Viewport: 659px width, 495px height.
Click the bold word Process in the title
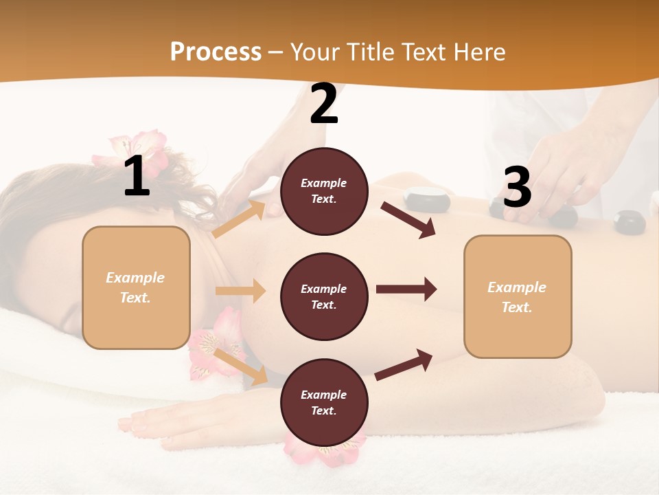[x=216, y=52]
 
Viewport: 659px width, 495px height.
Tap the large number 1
[x=137, y=177]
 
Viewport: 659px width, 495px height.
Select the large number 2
[x=324, y=104]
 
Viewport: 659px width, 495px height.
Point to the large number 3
[x=517, y=188]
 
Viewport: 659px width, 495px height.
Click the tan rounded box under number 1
[x=136, y=287]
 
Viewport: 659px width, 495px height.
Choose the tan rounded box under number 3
[x=518, y=296]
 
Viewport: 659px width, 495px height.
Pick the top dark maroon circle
[x=324, y=191]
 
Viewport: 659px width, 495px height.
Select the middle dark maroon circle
[x=324, y=296]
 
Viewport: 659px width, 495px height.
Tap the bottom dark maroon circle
[x=324, y=402]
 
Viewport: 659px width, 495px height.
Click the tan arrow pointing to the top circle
[x=239, y=219]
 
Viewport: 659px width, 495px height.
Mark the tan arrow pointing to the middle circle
[x=240, y=291]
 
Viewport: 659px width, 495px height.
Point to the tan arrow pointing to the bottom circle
[x=240, y=365]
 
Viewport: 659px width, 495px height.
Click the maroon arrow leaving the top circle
[x=408, y=219]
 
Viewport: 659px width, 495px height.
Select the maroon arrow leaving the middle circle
[x=406, y=289]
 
